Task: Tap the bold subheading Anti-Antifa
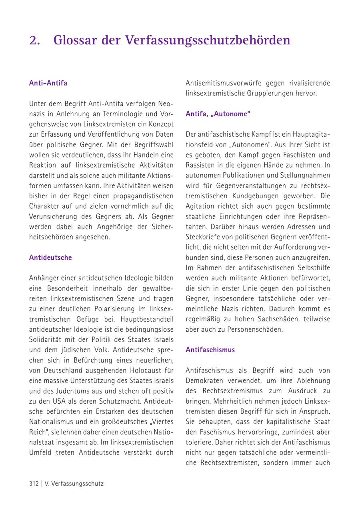pos(48,83)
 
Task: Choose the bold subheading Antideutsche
pos(50,257)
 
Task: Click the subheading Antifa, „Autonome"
pos(218,114)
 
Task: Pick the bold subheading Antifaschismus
pos(210,350)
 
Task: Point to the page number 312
pos(34,483)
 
